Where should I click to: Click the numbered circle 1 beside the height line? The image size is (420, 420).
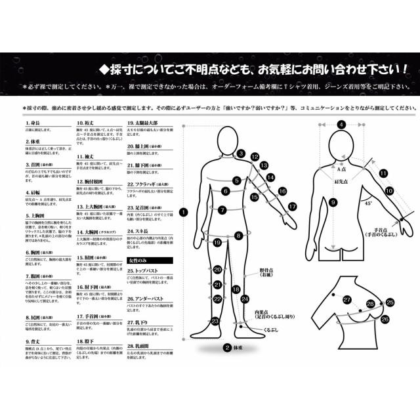pos(182,212)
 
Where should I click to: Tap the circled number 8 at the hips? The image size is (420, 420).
pos(239,235)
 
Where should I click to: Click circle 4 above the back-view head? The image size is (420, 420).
pos(341,125)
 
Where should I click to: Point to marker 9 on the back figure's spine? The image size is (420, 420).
pos(333,203)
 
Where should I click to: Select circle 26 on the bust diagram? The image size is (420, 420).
pos(385,319)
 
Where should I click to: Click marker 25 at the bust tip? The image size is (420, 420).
pos(390,303)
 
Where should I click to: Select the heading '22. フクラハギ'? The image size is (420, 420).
pos(144,185)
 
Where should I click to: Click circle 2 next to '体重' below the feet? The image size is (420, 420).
pos(226,348)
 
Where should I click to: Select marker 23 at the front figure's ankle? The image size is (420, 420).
pos(215,322)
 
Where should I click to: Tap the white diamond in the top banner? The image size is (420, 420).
pos(103,68)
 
